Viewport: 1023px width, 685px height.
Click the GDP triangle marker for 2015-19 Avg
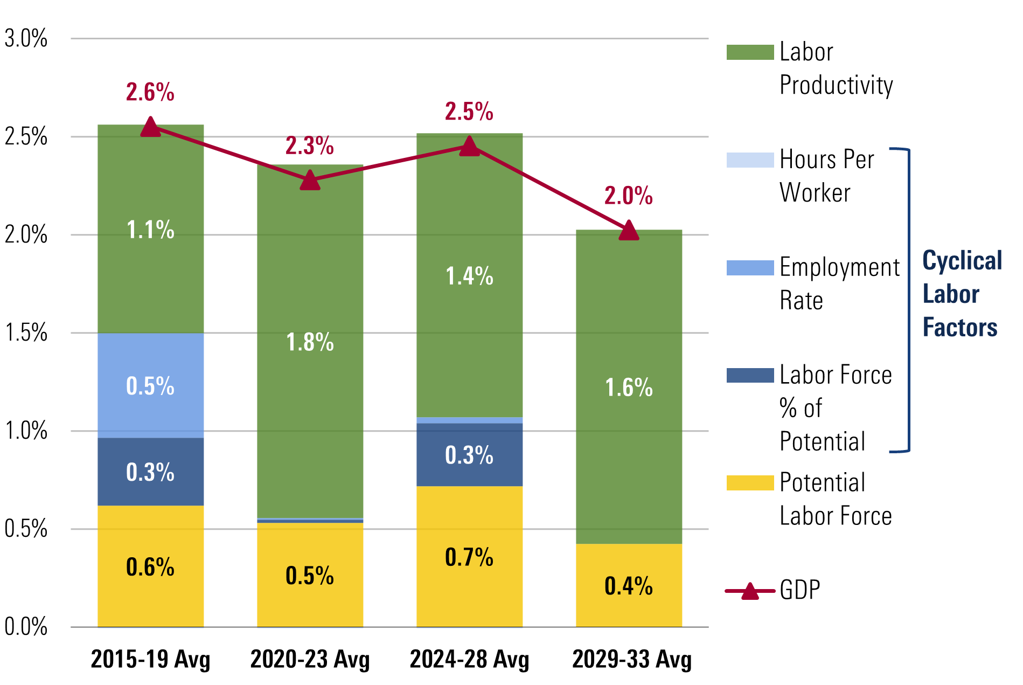pyautogui.click(x=150, y=127)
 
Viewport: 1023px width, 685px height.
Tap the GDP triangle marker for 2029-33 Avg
pyautogui.click(x=629, y=231)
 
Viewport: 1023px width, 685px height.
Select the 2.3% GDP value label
pyautogui.click(x=309, y=146)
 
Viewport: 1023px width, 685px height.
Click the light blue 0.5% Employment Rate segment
pyautogui.click(x=150, y=385)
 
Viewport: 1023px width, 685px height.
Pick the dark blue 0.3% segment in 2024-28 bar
pyautogui.click(x=469, y=455)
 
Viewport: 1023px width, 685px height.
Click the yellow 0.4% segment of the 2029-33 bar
pyautogui.click(x=629, y=585)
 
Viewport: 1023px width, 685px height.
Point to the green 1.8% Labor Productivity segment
pyautogui.click(x=310, y=342)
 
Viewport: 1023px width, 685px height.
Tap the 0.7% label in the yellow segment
pyautogui.click(x=469, y=557)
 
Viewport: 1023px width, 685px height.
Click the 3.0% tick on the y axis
pyautogui.click(x=26, y=39)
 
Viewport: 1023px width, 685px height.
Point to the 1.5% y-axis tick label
pyautogui.click(x=26, y=333)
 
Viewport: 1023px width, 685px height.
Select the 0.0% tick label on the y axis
pyautogui.click(x=26, y=627)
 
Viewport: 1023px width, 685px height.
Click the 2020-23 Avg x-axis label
pyautogui.click(x=310, y=659)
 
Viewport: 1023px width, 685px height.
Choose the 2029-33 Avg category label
pyautogui.click(x=631, y=659)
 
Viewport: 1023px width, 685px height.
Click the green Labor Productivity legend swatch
pyautogui.click(x=749, y=52)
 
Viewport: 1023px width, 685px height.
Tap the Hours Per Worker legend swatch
pyautogui.click(x=749, y=160)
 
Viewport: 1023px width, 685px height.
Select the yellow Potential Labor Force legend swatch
pyautogui.click(x=749, y=482)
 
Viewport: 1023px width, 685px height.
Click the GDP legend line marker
pyautogui.click(x=749, y=591)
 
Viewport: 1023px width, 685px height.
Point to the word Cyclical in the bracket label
pyautogui.click(x=962, y=261)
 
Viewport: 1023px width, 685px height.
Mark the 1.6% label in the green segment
pyautogui.click(x=629, y=388)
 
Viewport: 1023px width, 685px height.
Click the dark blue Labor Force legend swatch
pyautogui.click(x=749, y=375)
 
